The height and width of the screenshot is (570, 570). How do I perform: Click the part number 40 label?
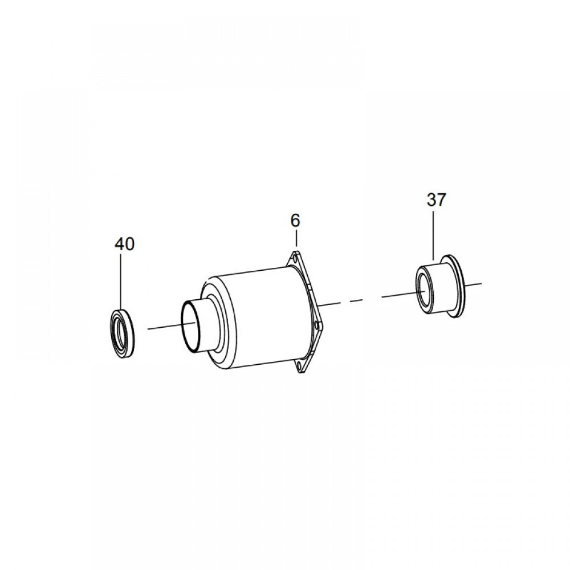coord(124,244)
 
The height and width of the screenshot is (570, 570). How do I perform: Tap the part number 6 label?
coord(295,220)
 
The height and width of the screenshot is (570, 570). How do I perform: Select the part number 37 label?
coord(436,199)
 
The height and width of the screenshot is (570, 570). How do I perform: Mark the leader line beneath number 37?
coord(433,234)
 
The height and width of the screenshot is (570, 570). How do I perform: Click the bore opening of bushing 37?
coord(423,290)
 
